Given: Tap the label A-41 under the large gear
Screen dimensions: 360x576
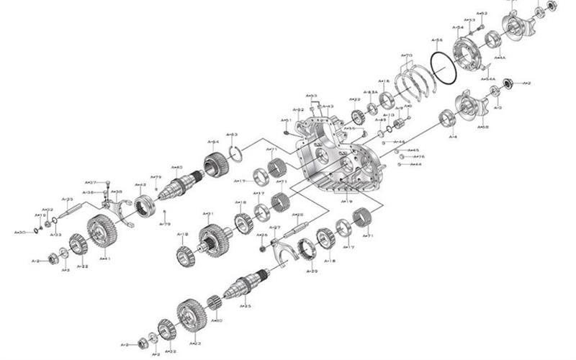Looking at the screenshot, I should [104, 258].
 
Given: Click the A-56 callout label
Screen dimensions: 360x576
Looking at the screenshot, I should [437, 40].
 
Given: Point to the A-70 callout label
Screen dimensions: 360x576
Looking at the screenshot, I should [407, 55].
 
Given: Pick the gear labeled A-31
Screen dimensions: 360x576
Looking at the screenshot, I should [214, 238].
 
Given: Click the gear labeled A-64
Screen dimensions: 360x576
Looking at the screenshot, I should [216, 166].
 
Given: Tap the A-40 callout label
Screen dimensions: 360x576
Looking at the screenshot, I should [177, 167].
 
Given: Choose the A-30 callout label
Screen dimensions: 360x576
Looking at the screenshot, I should [19, 232].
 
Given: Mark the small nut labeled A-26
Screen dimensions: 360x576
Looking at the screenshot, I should [262, 248].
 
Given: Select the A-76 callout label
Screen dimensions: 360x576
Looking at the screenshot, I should [419, 157].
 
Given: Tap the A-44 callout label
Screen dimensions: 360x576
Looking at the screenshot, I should [415, 165].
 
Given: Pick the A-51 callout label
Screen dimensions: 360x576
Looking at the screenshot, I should [285, 120].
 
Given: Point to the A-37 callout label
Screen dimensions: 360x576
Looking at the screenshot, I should [91, 183].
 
